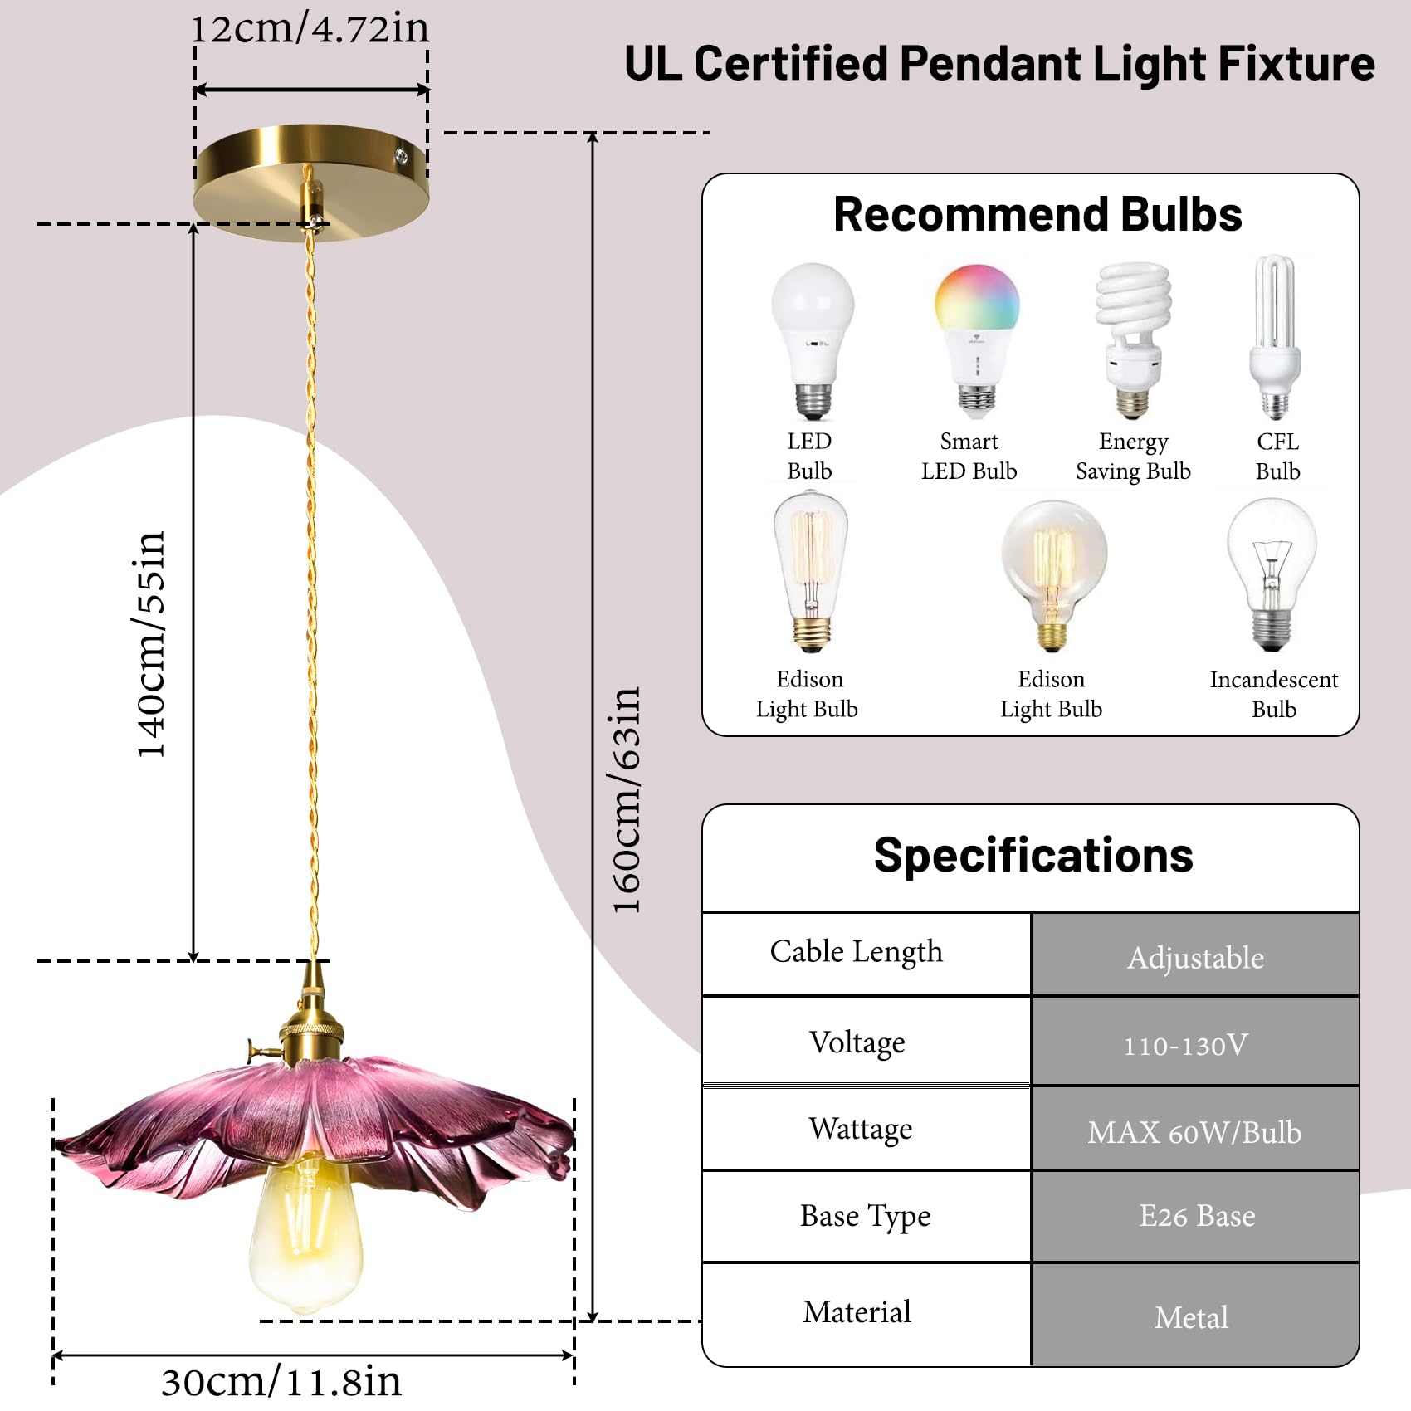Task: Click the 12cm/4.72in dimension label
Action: (310, 30)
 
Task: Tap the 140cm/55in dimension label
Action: (151, 644)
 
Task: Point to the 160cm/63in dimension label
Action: (626, 800)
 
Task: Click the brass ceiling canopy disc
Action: (311, 183)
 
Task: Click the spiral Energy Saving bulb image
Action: (1132, 340)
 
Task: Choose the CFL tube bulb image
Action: (1276, 337)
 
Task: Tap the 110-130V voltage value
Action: (1185, 1045)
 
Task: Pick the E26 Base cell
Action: (1197, 1216)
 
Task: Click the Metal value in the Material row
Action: (1191, 1317)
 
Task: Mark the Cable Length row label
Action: (856, 952)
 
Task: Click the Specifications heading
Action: (1033, 855)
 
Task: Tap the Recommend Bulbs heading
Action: (1037, 214)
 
